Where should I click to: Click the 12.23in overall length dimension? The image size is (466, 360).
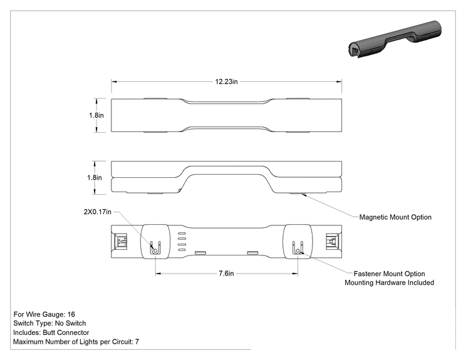tap(227, 81)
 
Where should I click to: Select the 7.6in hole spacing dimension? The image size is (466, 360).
tap(227, 273)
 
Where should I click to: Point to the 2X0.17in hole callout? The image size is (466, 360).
tap(98, 212)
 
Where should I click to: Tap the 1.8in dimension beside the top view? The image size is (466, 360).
tap(96, 115)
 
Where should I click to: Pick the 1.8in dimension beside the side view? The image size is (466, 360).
tap(95, 178)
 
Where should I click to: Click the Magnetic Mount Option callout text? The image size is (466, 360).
tap(395, 217)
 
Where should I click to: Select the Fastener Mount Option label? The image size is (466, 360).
tap(390, 274)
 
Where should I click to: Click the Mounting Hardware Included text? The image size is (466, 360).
tap(390, 282)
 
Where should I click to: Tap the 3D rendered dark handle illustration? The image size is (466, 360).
tap(395, 39)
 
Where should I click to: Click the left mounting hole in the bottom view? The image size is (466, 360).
tap(155, 251)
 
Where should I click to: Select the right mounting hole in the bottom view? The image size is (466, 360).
tap(298, 251)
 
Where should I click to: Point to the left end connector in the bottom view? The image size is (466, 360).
tap(121, 242)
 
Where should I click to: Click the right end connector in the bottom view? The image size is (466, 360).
tap(332, 242)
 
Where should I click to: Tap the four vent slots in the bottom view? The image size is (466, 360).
tap(182, 242)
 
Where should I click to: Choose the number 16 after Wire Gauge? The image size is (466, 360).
tap(71, 314)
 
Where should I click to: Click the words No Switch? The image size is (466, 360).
tap(70, 323)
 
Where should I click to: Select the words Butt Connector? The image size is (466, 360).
tap(66, 332)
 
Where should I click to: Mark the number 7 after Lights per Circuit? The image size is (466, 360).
tap(137, 342)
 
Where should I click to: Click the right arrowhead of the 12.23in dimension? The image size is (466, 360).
tap(339, 81)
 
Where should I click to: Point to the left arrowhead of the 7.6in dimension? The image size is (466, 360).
tap(158, 273)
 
